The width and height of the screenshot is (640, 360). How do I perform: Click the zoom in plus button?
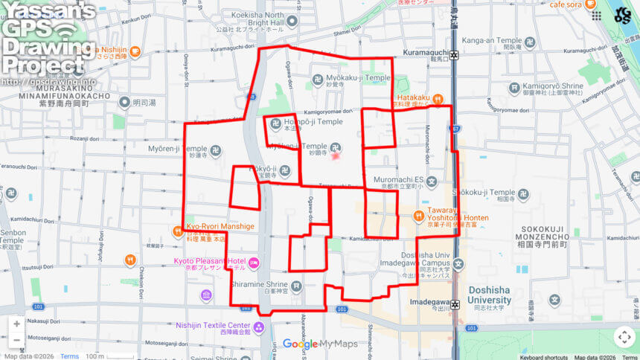click(16, 324)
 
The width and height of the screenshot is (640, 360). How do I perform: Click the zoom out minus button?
click(16, 341)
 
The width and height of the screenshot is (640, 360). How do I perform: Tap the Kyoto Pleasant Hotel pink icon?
click(255, 262)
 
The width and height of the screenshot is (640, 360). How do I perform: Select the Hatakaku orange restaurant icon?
click(439, 97)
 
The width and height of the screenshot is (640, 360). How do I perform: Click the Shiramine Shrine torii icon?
click(297, 285)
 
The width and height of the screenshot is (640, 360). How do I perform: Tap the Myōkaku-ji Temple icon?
click(318, 78)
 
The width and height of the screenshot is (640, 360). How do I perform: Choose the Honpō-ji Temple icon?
click(275, 123)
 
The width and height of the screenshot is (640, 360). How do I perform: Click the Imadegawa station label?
click(430, 301)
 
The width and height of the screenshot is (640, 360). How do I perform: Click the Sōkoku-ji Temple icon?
click(524, 193)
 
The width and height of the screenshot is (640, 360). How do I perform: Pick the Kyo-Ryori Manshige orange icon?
click(179, 231)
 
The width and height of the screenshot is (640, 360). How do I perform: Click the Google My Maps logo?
click(320, 344)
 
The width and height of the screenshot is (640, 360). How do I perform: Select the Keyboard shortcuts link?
click(544, 357)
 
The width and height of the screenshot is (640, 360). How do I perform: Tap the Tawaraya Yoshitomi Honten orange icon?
click(418, 216)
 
